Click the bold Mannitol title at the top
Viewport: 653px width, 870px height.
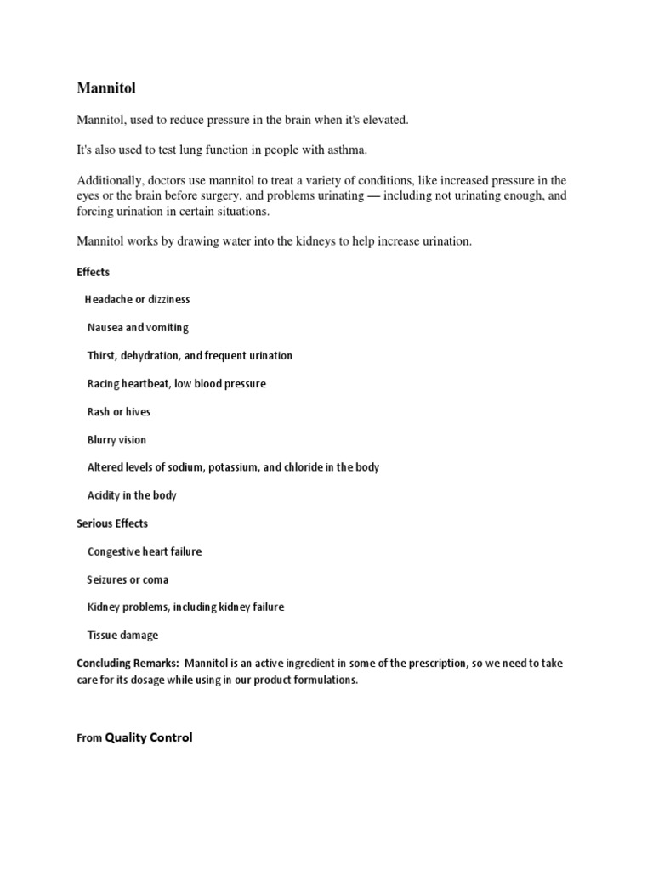click(x=106, y=87)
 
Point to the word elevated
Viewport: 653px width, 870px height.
click(x=383, y=120)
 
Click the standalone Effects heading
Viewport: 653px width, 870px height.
click(x=93, y=272)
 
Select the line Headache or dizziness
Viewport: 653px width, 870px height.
click(x=137, y=300)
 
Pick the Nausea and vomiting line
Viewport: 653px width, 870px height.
click(x=138, y=328)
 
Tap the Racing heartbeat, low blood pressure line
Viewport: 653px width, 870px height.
click(x=177, y=384)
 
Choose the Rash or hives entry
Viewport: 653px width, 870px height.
click(x=119, y=412)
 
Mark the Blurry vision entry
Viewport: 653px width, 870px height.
click(x=116, y=440)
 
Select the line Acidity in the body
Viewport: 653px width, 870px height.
click(x=132, y=495)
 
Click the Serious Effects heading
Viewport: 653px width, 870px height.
click(x=112, y=523)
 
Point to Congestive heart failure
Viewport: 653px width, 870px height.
click(x=145, y=551)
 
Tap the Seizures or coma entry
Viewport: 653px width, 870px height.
click(x=128, y=579)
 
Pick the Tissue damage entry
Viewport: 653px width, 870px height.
click(x=122, y=635)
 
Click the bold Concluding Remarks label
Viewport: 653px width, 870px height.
click(x=127, y=663)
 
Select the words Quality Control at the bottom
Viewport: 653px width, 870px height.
click(x=148, y=737)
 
